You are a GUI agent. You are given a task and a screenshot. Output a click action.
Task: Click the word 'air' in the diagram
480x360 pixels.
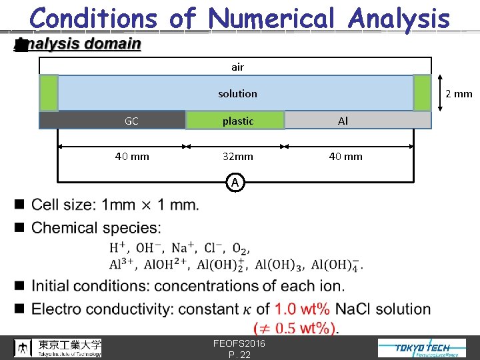[x=237, y=67]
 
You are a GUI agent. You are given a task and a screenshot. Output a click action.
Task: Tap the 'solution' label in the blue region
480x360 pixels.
[x=237, y=93]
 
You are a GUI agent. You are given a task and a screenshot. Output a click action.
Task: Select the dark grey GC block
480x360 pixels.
[x=112, y=120]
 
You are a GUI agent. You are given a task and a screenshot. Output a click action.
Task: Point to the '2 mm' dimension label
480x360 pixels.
[x=459, y=93]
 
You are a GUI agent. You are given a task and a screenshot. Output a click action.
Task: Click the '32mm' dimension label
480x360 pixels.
[x=237, y=157]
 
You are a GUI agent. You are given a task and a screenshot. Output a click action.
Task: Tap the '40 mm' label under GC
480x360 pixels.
[x=132, y=157]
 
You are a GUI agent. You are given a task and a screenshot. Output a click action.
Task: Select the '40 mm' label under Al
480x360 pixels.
[x=345, y=157]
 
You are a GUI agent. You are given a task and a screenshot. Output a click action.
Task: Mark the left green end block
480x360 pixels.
[x=49, y=93]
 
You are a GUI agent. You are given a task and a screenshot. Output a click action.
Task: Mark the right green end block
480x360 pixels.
[x=422, y=93]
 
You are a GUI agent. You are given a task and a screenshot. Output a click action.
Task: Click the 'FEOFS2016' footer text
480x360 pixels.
[x=239, y=343]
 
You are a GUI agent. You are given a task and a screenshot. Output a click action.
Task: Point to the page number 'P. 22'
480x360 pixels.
[x=239, y=355]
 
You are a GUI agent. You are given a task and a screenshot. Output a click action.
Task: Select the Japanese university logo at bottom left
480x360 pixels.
[x=59, y=347]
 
